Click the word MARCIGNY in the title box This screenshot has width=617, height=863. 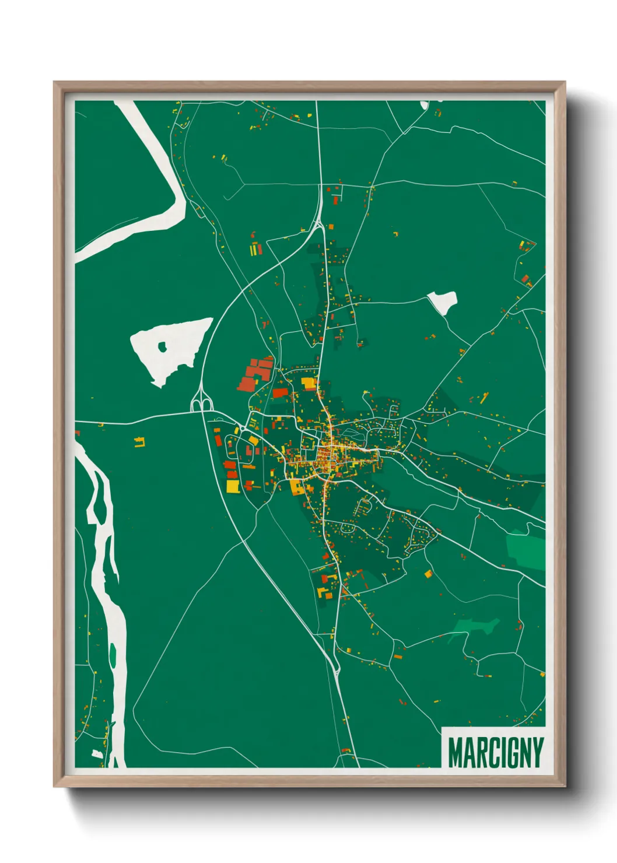(x=495, y=753)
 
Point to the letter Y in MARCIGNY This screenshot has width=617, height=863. (x=537, y=753)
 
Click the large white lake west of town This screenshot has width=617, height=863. (x=169, y=350)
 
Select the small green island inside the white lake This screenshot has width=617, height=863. (x=162, y=348)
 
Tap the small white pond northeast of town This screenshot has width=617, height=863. (x=443, y=302)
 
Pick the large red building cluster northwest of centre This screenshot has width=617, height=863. (x=255, y=375)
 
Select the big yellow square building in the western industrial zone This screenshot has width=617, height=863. (x=233, y=486)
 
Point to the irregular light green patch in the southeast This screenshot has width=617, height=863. (x=475, y=629)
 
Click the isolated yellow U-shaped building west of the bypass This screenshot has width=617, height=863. (x=139, y=442)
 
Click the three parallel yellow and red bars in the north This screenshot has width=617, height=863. (x=256, y=250)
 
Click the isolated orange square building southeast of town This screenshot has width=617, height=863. (x=428, y=574)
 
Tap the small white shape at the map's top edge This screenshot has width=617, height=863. (x=425, y=105)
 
